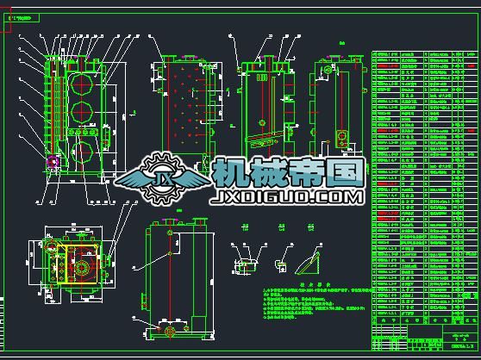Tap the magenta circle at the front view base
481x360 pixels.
coord(53,161)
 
